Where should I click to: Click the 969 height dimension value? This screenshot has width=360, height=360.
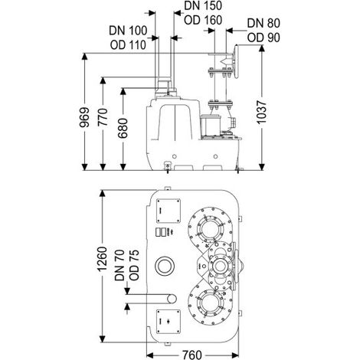pos(84,117)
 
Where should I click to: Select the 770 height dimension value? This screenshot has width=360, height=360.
pos(103,117)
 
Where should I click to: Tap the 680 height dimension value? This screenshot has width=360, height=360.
pos(123,128)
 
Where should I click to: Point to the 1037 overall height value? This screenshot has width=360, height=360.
pos(261,113)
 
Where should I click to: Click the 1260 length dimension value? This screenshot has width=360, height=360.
pos(103,259)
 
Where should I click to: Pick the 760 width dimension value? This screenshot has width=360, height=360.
pos(192,355)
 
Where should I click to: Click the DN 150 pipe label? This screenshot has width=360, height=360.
pos(203,5)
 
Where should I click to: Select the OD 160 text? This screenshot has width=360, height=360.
pos(203,20)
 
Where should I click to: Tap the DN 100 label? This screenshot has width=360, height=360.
pos(128,31)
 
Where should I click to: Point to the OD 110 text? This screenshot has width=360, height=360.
pos(128,45)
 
